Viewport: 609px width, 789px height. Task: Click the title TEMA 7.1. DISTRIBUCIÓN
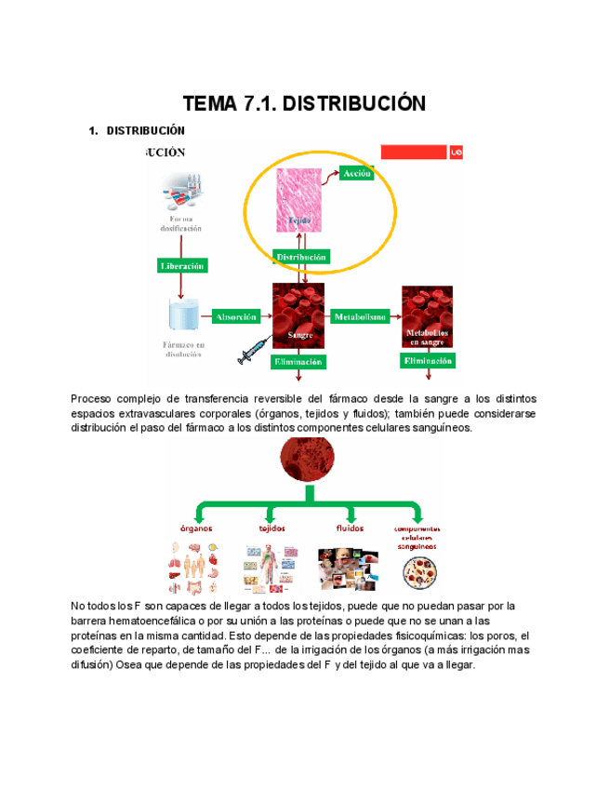(304, 102)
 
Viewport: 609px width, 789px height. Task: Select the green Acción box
(357, 174)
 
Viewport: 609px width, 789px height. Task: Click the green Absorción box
(235, 316)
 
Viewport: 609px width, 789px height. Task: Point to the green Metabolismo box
(364, 316)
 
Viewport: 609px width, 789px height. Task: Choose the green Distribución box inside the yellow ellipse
(300, 256)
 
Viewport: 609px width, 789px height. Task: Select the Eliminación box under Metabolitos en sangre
(428, 360)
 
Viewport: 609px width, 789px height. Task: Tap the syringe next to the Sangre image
(254, 352)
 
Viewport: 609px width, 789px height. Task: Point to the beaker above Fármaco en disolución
(183, 315)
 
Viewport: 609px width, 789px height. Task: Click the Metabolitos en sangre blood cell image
(427, 316)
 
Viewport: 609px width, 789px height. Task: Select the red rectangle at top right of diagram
(414, 152)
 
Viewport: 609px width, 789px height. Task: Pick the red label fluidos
(349, 528)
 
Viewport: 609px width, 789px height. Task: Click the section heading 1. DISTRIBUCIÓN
(136, 130)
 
